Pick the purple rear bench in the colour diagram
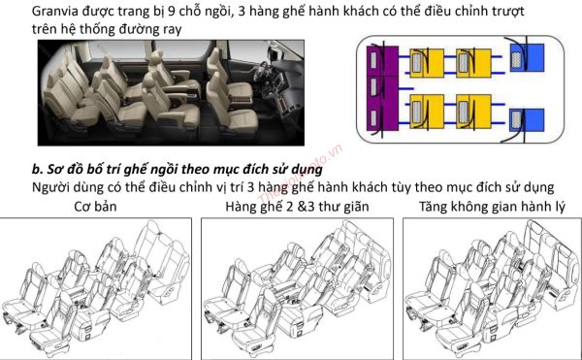[x=373, y=91]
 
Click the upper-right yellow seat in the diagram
[x=474, y=64]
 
